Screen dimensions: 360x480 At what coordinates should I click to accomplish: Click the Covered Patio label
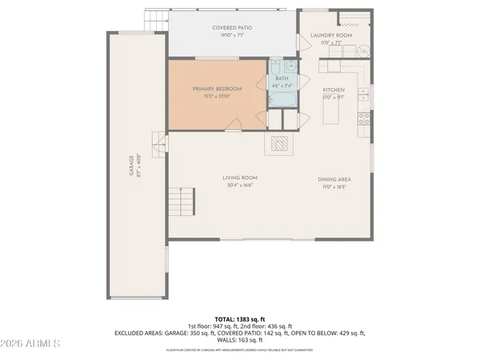coord(233,28)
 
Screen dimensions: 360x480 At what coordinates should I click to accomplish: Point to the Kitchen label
coord(333,90)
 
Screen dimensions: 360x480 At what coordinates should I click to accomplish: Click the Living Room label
coord(240,178)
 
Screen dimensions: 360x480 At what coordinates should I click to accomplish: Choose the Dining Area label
coord(334,178)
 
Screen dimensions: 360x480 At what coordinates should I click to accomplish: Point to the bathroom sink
coord(291,67)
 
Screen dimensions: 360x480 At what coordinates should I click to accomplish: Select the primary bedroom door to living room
coord(233,124)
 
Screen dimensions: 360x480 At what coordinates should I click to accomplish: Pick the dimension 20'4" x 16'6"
coord(240,186)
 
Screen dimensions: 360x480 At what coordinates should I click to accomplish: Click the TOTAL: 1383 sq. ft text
coord(239,319)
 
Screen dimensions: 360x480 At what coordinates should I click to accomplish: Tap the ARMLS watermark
coord(31,343)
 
